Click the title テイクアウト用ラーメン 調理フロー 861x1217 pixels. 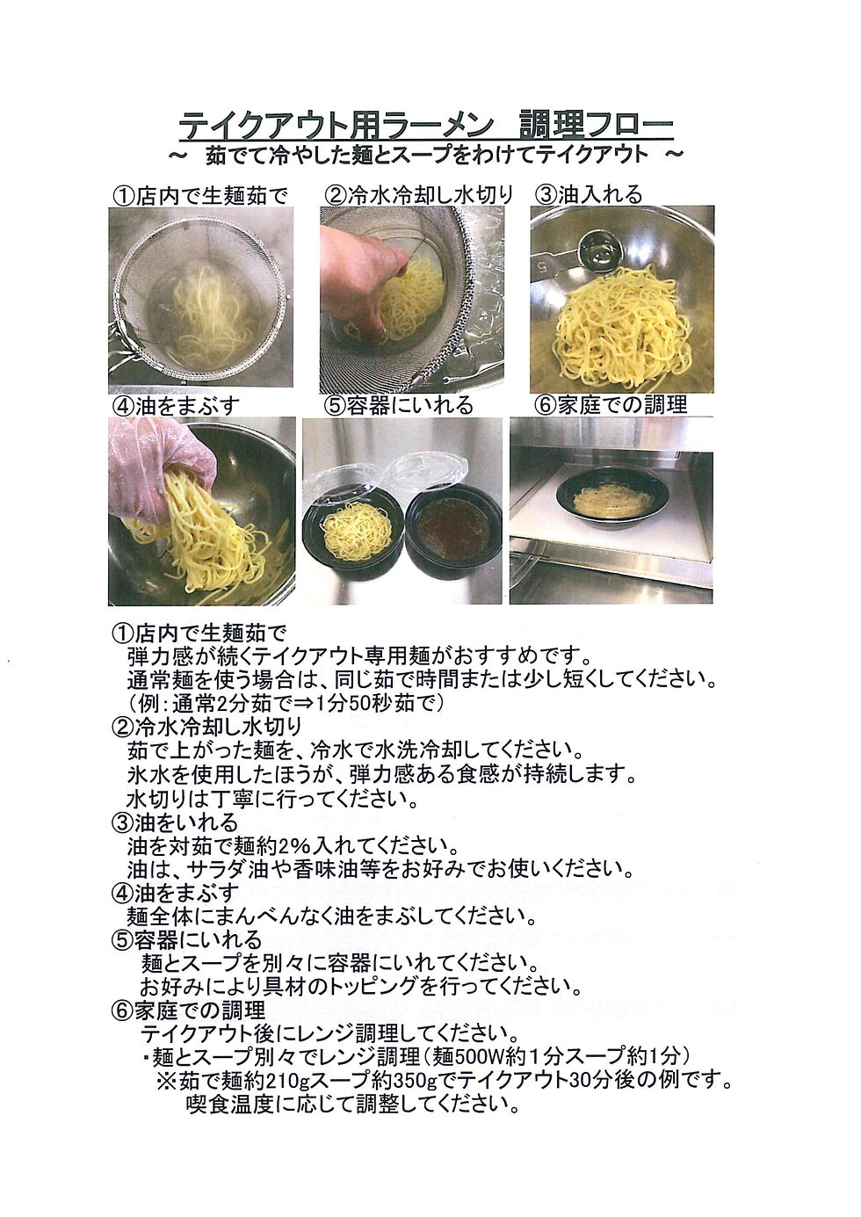point(426,127)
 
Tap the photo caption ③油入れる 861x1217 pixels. point(589,194)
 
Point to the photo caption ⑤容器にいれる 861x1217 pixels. point(399,405)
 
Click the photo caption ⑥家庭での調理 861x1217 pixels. point(611,404)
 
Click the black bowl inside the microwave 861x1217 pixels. point(611,500)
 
